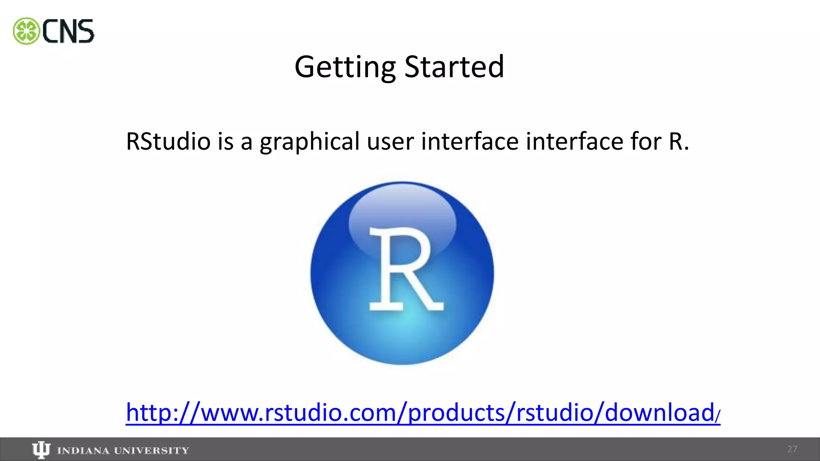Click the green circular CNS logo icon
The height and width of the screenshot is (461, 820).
tap(26, 31)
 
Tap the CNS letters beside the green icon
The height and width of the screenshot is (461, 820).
tap(68, 32)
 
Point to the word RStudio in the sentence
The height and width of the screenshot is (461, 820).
tap(168, 141)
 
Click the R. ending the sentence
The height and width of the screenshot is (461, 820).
tap(679, 141)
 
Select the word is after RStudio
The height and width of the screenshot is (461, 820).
tap(225, 141)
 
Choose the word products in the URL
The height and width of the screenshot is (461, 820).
tap(457, 413)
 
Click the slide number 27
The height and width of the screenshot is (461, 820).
tap(792, 449)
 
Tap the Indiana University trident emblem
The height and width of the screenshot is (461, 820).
tap(41, 450)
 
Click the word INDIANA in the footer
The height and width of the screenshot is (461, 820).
tap(83, 451)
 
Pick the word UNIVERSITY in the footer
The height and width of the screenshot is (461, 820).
tap(151, 451)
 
